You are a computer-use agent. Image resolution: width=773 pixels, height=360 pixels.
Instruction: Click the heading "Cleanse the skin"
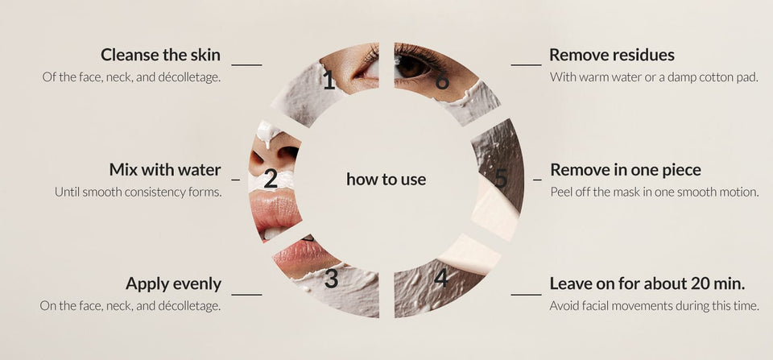point(160,55)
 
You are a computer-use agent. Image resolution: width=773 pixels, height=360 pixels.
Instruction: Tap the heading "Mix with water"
point(164,170)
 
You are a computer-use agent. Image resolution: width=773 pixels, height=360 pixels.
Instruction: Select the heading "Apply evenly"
point(173,284)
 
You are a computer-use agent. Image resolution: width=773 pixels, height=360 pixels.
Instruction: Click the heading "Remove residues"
point(612,55)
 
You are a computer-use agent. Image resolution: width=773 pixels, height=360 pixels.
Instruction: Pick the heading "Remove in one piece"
point(626,170)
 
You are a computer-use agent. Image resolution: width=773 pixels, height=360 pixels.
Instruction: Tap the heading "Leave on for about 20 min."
point(647,284)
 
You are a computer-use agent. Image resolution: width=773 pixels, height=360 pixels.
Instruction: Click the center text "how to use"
point(386,179)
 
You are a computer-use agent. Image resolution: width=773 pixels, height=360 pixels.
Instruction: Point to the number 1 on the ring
point(329,80)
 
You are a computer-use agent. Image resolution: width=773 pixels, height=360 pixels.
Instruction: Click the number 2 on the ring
point(271,179)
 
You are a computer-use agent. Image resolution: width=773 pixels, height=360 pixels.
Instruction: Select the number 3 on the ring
point(331,279)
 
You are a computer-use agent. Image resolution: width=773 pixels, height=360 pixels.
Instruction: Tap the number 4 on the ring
point(440,278)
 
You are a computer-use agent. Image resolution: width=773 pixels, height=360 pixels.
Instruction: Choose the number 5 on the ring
point(501,179)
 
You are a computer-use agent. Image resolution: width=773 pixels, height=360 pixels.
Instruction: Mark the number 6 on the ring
point(442,81)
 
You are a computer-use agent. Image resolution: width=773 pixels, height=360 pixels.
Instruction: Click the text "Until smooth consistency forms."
point(138,192)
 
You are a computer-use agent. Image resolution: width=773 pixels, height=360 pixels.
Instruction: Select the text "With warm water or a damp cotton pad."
point(654,77)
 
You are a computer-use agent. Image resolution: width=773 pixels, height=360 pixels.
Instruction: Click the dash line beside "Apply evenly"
point(246,295)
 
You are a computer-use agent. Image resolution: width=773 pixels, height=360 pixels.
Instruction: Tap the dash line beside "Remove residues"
point(526,64)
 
